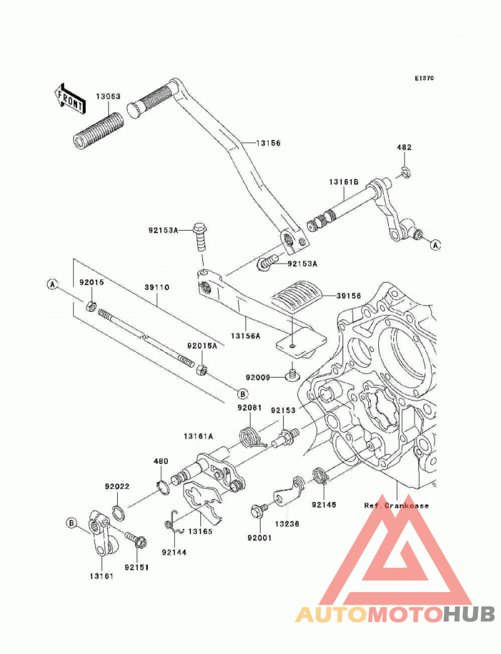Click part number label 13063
click(108, 96)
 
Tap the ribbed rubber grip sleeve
click(98, 131)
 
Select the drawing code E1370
click(424, 78)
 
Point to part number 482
click(404, 147)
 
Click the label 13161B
click(343, 183)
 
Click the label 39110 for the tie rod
click(157, 288)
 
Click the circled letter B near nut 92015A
click(243, 393)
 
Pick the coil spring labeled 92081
click(252, 437)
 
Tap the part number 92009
click(258, 378)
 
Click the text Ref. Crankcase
click(396, 506)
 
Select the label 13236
click(287, 523)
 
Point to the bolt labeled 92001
click(257, 511)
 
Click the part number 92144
click(174, 553)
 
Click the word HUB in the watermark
click(469, 614)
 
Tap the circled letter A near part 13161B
click(436, 245)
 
